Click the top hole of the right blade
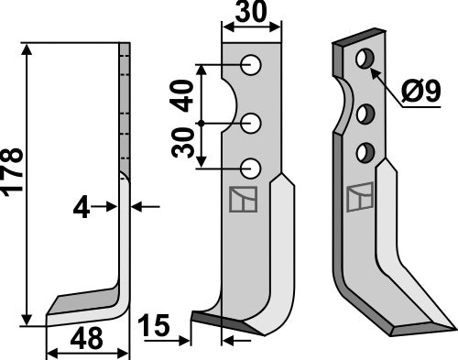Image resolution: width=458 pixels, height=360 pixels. coord(365,60)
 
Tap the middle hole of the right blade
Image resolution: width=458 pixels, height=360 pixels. coord(365,114)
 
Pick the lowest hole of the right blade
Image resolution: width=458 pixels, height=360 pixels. coord(365,151)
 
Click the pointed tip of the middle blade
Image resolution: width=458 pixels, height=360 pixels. coord(195,317)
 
